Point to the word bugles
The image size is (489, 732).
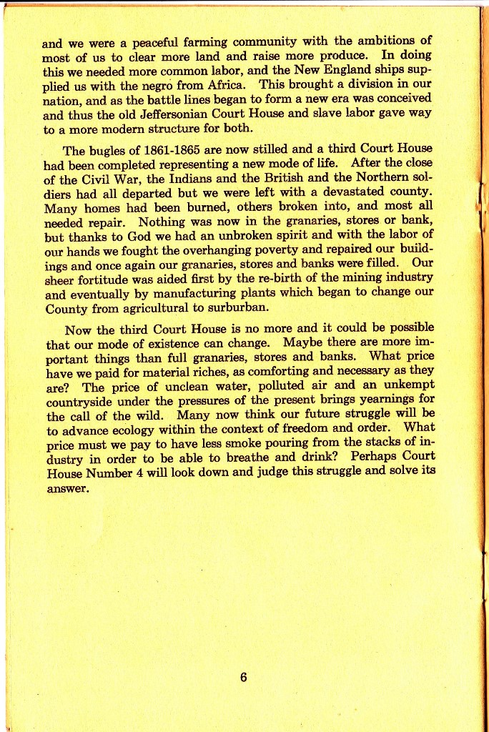click(x=111, y=150)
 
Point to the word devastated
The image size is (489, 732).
click(x=352, y=193)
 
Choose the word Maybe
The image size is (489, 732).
click(x=302, y=343)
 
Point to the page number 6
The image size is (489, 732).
click(x=244, y=677)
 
